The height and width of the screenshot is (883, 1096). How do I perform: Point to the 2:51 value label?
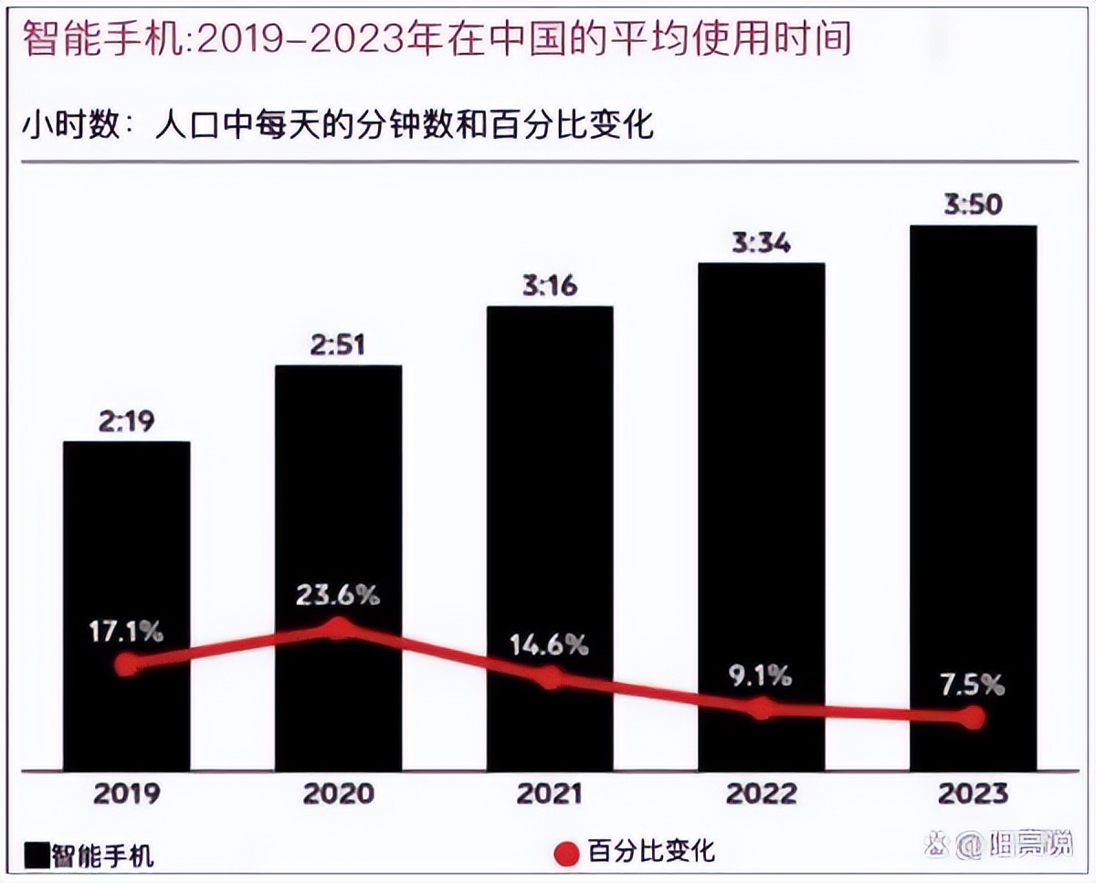[x=338, y=345]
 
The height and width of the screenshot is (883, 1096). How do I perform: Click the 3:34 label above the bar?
[x=761, y=242]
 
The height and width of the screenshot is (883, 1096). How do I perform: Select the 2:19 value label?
[x=126, y=421]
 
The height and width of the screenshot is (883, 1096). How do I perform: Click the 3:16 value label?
[x=550, y=286]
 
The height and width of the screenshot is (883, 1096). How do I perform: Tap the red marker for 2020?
[x=339, y=628]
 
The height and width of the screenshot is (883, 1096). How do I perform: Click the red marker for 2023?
[x=975, y=718]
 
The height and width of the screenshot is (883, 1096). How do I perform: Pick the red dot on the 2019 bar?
[x=127, y=665]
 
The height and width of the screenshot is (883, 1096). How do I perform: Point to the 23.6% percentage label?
[x=337, y=595]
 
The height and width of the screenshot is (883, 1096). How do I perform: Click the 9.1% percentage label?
[x=760, y=676]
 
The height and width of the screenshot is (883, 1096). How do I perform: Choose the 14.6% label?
[x=549, y=644]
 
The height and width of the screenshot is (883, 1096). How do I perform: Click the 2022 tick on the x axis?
[x=761, y=793]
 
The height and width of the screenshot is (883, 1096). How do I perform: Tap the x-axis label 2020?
[x=338, y=793]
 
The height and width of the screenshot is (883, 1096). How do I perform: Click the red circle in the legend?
[x=566, y=854]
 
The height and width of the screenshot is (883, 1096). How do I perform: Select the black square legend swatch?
[x=37, y=855]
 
